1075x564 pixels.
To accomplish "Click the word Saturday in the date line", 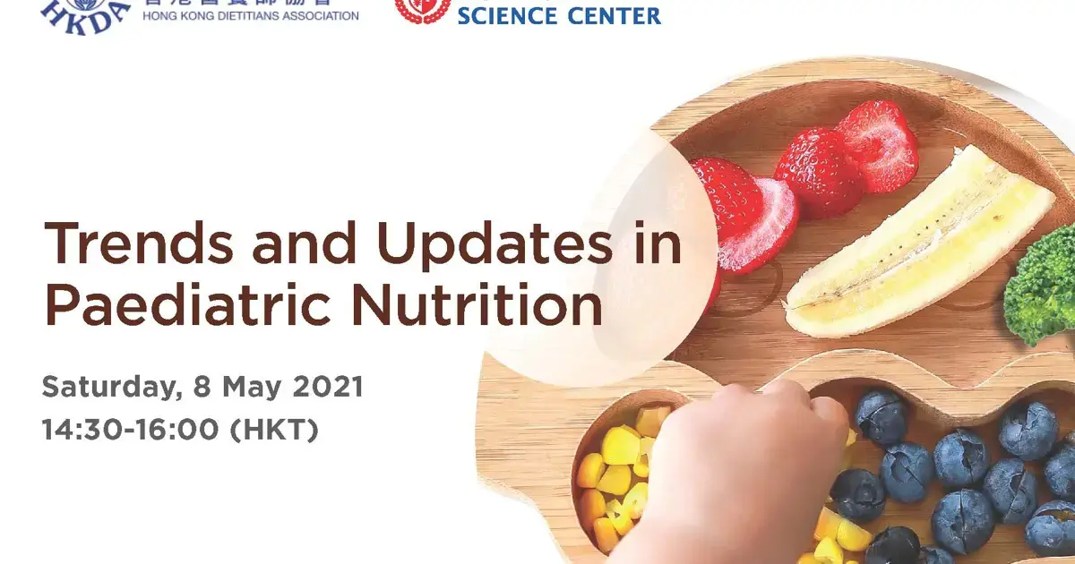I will [x=101, y=389].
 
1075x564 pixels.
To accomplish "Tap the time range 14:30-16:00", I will [x=130, y=430].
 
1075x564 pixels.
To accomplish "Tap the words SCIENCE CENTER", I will [x=559, y=15].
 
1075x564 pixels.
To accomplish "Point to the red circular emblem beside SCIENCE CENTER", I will [x=421, y=9].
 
